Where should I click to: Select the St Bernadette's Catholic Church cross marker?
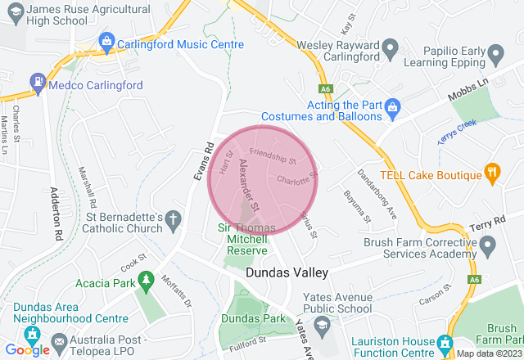[x=173, y=218]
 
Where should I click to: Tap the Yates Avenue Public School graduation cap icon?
[x=322, y=326]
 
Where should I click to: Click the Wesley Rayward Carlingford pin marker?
[x=391, y=45]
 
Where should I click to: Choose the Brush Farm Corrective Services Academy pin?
[x=488, y=245]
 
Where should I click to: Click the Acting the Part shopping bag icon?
[x=393, y=106]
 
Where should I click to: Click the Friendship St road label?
[x=273, y=154]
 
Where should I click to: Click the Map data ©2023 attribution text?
[x=489, y=353]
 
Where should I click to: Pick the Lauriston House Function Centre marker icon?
[x=445, y=342]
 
